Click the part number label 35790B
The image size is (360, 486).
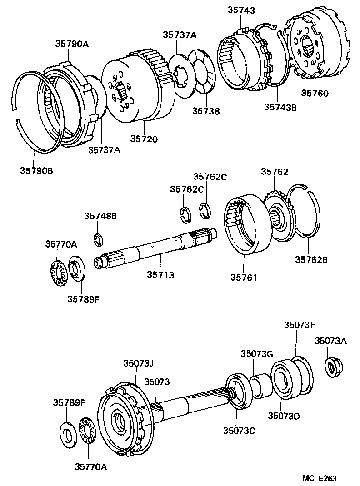tap(36, 171)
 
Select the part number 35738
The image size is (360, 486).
tap(205, 110)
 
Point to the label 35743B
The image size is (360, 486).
tap(280, 107)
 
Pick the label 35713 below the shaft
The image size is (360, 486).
tap(160, 275)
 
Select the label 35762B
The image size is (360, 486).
tap(311, 259)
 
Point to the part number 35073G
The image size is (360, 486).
tap(256, 354)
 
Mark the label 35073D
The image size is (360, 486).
tap(282, 416)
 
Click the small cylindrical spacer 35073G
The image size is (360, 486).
tap(260, 386)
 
